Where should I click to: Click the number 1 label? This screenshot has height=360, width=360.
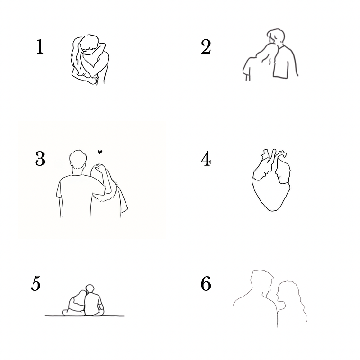pos(40,46)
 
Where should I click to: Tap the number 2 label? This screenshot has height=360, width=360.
pos(206,46)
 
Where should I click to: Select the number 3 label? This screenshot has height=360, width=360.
pos(40,158)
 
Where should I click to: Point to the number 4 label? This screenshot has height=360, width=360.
pos(206,159)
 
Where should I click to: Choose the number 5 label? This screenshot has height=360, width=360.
pos(36,284)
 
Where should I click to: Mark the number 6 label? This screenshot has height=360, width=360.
pos(206,284)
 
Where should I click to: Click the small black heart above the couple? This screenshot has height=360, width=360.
pos(100,152)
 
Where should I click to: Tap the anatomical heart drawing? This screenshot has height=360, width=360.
pos(271,180)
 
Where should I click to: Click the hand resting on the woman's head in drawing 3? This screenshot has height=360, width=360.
pos(100,168)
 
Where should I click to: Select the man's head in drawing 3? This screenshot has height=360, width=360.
pos(78,160)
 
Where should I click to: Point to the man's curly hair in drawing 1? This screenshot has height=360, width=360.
pos(90,43)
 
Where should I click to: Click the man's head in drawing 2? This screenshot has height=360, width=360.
pos(276,36)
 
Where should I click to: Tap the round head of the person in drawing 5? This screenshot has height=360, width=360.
pos(90,288)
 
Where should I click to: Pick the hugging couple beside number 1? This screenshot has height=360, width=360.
pos(90,59)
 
